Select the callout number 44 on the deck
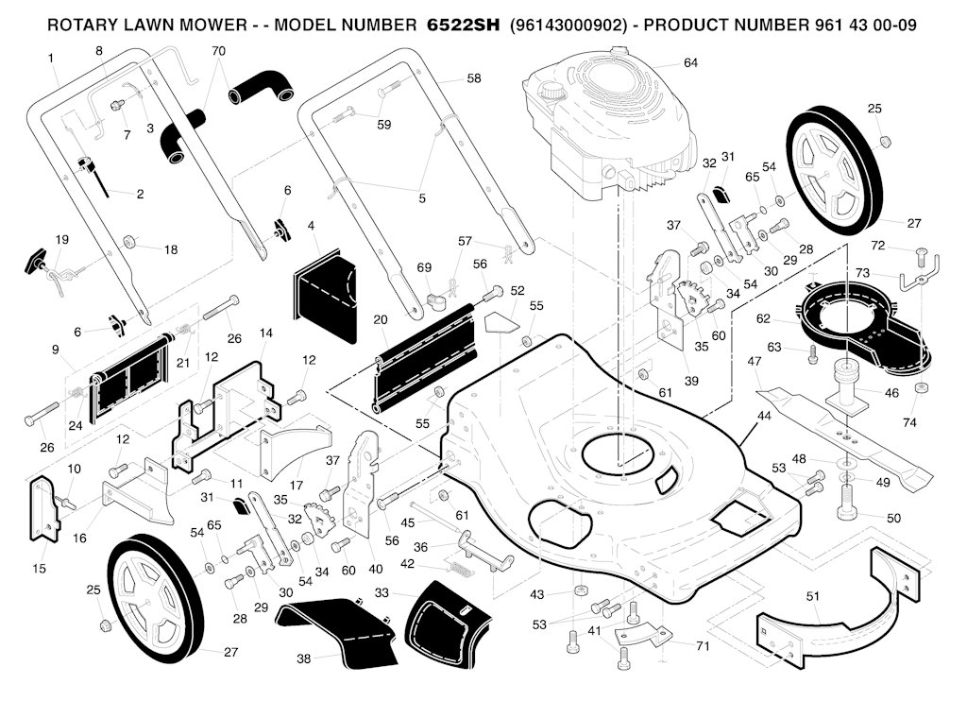tap(764, 416)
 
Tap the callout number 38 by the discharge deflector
tap(303, 658)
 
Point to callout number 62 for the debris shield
tap(763, 318)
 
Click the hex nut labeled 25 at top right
tap(884, 142)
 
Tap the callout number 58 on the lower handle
tap(474, 78)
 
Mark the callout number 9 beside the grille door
tap(56, 350)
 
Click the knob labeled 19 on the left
tap(35, 260)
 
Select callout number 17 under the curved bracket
tap(297, 485)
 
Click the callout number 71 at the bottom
tap(703, 646)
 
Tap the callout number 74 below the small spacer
tap(909, 422)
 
